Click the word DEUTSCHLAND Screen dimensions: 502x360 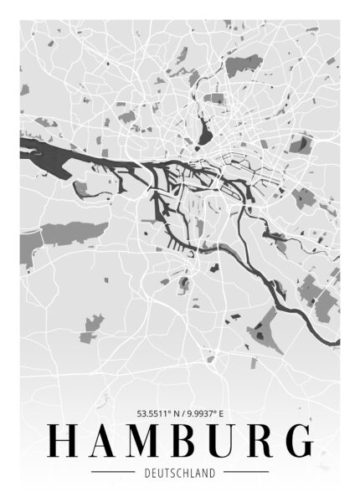(180, 473)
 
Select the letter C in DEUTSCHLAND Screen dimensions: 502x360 (176, 473)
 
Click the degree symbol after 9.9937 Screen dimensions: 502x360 (218, 410)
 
